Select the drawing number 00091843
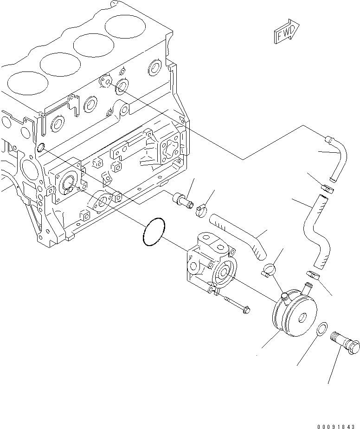(338, 426)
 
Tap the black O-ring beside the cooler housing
(152, 231)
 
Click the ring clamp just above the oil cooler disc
(270, 269)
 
